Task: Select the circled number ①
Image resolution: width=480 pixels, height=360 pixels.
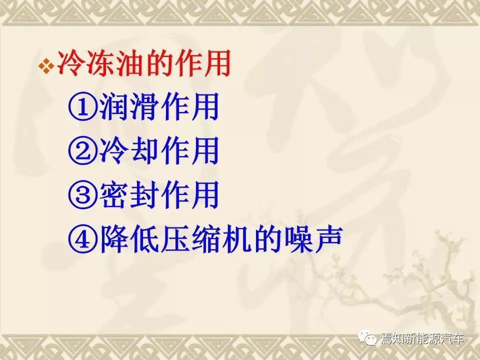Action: [82, 107]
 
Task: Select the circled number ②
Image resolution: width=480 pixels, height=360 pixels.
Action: [82, 150]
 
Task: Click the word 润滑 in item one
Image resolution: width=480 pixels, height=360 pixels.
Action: [129, 106]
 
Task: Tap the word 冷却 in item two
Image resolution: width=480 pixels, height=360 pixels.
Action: [129, 150]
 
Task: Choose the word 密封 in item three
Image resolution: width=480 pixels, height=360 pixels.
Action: [129, 194]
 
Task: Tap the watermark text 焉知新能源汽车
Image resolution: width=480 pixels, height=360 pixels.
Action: [422, 338]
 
